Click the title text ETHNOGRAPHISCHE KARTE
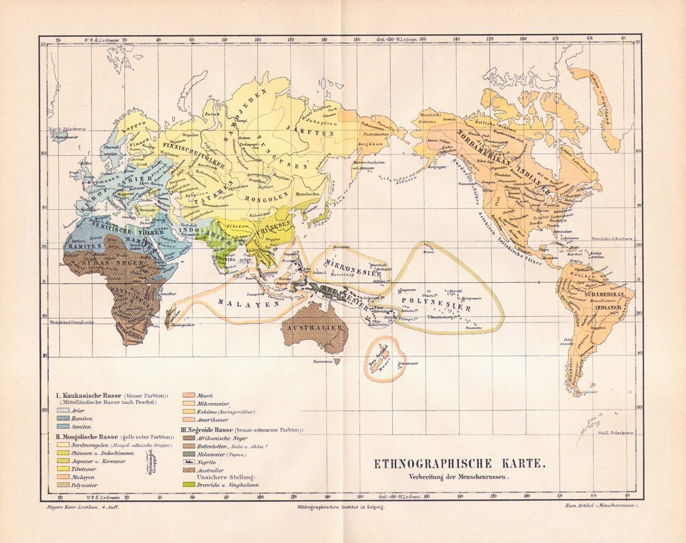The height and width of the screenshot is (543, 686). pos(458,464)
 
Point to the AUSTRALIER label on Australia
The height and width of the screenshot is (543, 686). pos(315,327)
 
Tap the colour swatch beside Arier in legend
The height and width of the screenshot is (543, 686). pos(62,410)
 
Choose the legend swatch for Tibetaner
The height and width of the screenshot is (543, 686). pos(62,468)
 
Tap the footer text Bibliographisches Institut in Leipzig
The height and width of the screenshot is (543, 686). pos(341,507)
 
